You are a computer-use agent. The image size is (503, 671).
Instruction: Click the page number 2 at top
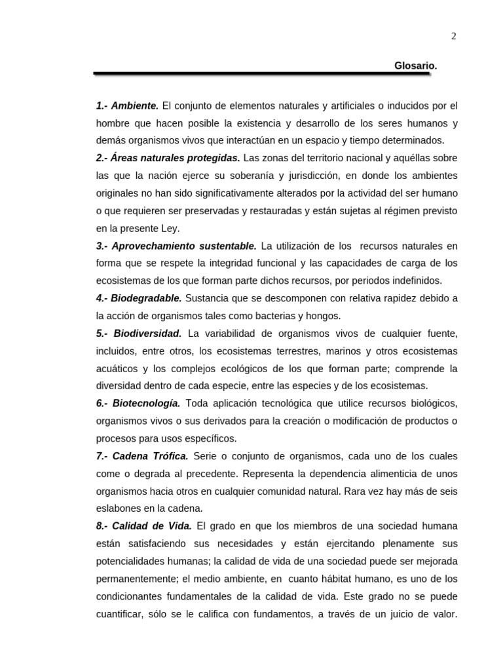(x=453, y=37)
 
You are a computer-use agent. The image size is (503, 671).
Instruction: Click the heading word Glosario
(x=415, y=66)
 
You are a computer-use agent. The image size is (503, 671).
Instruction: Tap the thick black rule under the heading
(x=262, y=74)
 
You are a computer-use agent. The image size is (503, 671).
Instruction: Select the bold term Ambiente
(x=135, y=105)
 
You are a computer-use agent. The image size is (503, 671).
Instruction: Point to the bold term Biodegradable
(x=147, y=298)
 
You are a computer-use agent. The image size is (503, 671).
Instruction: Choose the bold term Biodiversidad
(x=147, y=334)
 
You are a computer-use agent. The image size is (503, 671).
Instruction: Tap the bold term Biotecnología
(x=147, y=403)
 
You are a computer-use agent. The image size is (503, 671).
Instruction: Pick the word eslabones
(x=119, y=508)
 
